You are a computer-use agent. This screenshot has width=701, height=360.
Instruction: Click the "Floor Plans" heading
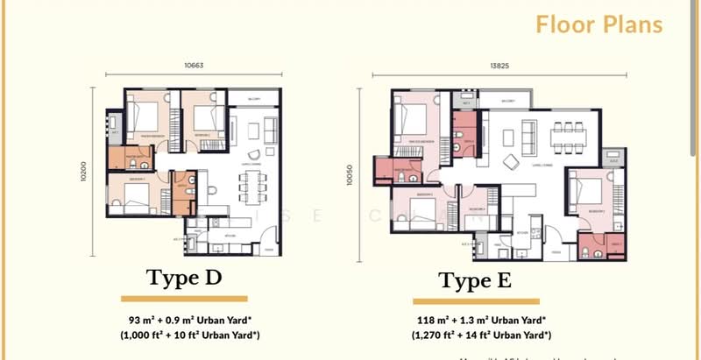599,25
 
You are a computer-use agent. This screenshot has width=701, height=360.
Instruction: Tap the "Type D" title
184,278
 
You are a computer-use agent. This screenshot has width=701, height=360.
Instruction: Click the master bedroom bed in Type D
142,116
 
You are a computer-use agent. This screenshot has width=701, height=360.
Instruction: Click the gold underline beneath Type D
184,299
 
